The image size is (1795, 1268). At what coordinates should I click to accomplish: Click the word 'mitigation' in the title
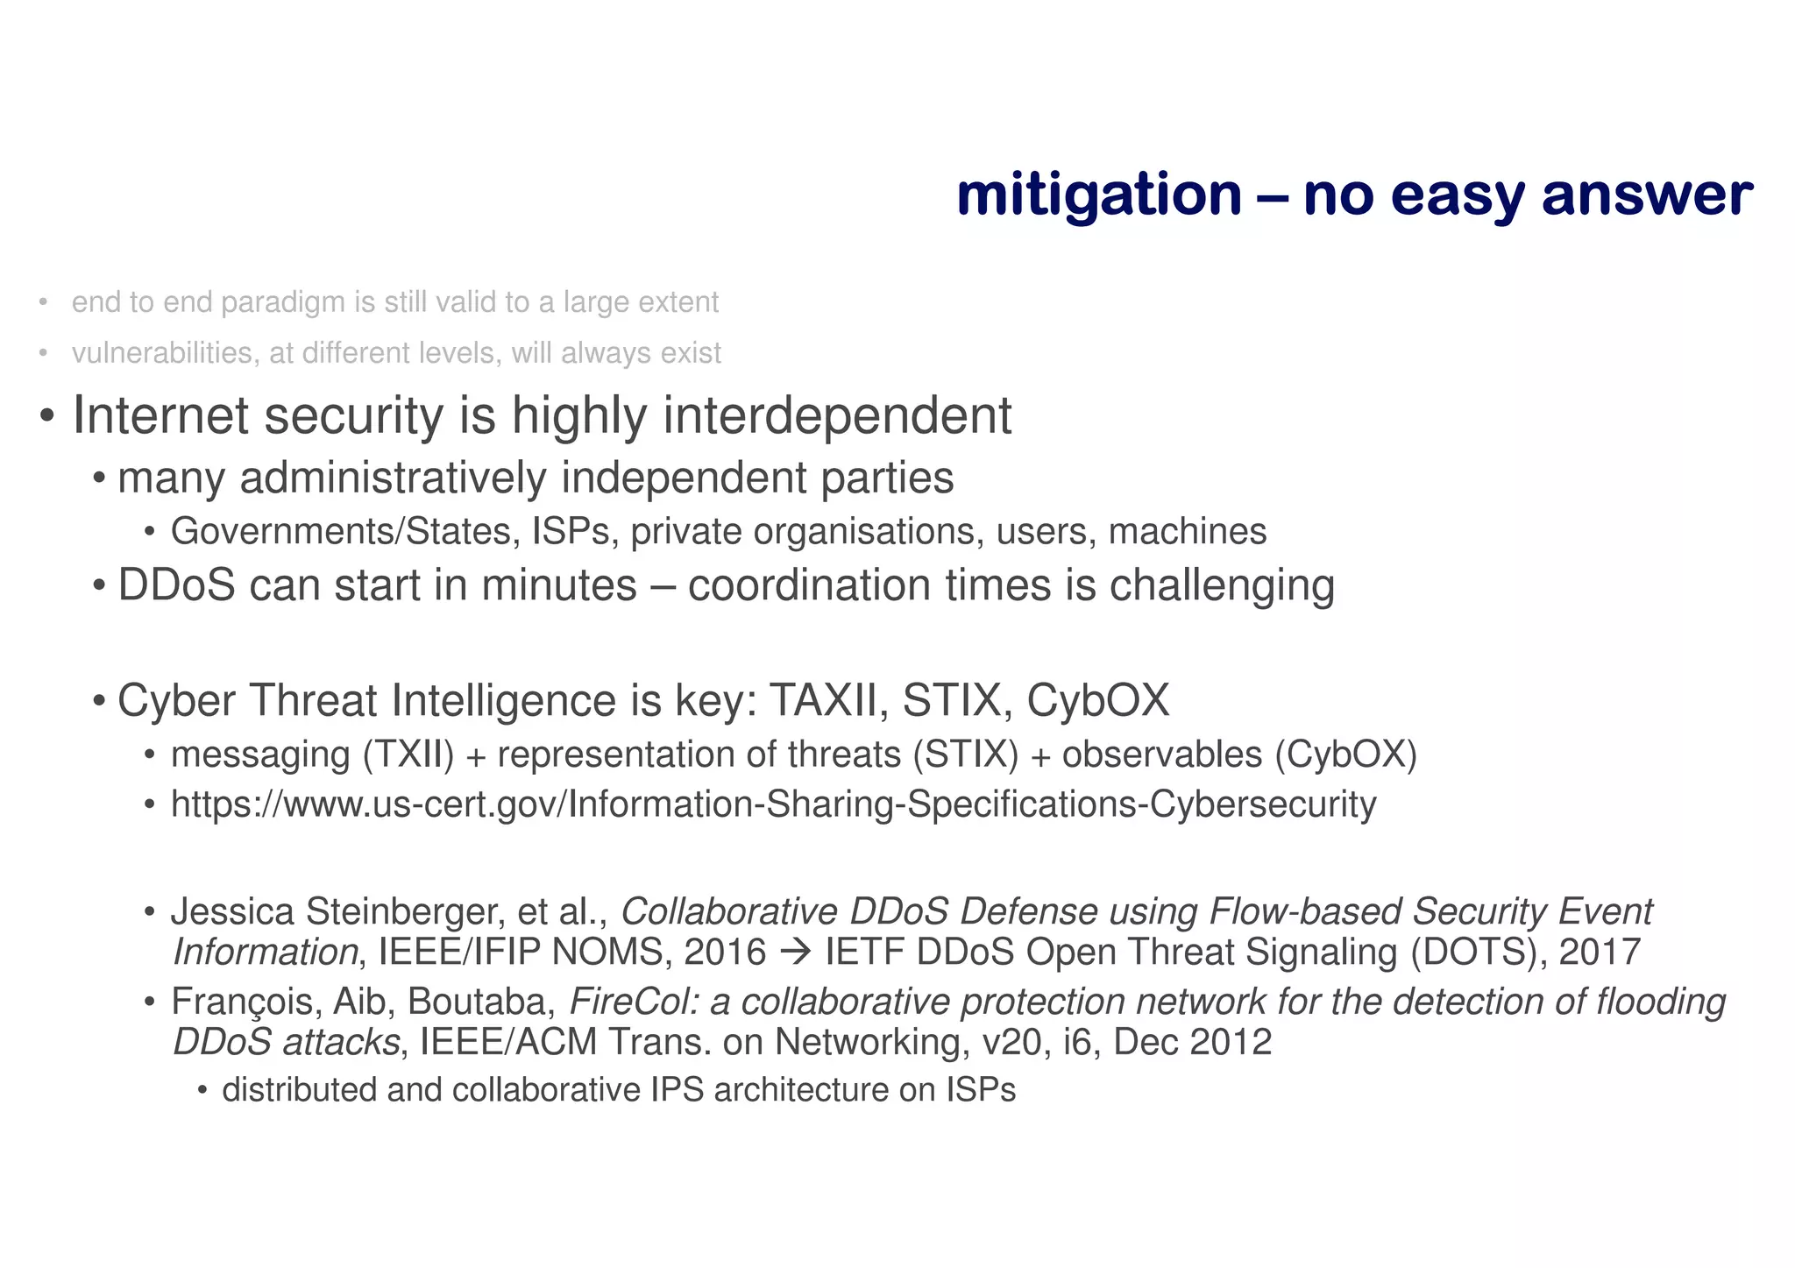(x=1098, y=196)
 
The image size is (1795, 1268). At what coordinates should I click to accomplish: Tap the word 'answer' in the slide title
(x=1647, y=196)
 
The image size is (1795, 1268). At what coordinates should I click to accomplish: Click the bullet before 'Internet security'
(x=48, y=415)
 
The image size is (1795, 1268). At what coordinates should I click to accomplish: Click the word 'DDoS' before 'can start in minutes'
(x=176, y=585)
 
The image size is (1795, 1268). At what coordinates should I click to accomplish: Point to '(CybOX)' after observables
(x=1346, y=754)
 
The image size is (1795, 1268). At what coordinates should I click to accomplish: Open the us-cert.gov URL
(x=773, y=804)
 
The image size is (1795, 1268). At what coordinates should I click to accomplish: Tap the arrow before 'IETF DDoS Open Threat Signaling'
(x=795, y=953)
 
